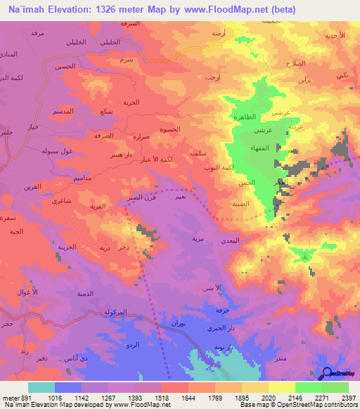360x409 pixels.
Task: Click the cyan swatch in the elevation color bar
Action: tap(41, 387)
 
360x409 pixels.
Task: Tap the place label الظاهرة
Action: tap(252, 117)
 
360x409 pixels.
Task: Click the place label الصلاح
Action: tap(295, 63)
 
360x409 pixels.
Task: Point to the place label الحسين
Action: tap(66, 66)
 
